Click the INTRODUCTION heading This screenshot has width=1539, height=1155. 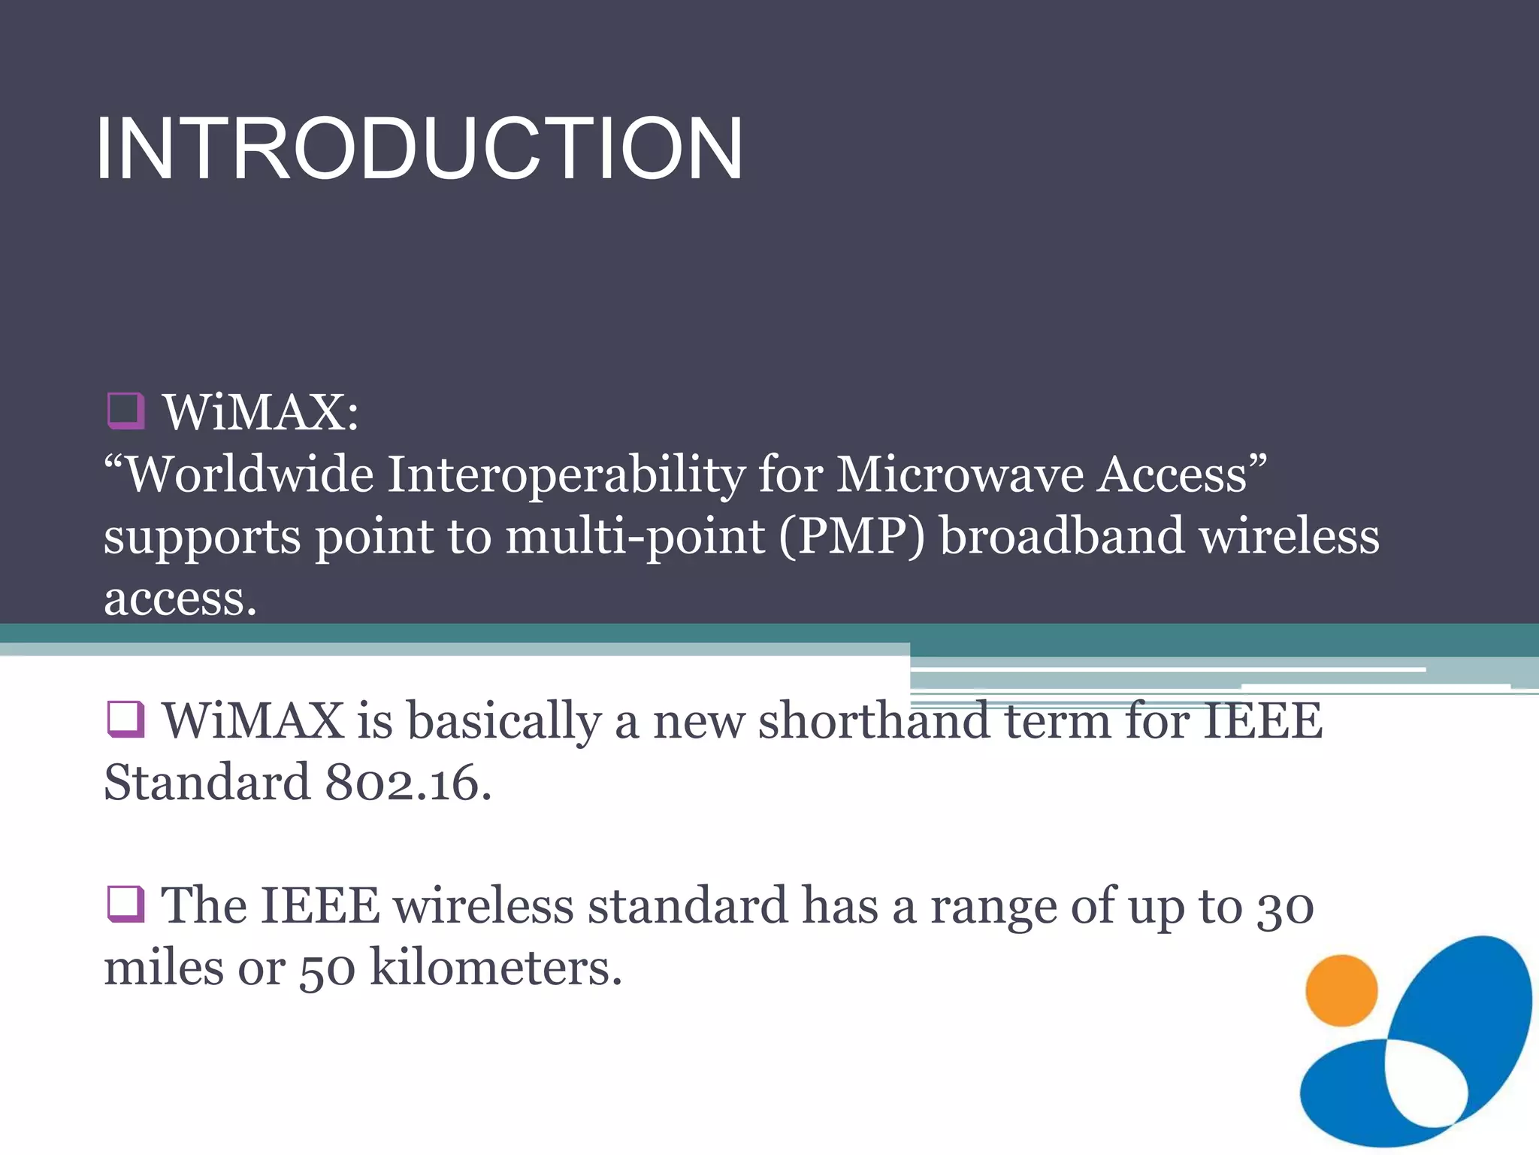[419, 149]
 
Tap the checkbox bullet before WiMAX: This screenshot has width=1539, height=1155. [125, 411]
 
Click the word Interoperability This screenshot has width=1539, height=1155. [566, 475]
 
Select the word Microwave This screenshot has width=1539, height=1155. [960, 475]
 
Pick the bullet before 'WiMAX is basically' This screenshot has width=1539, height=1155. [125, 719]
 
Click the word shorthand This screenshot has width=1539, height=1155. [873, 720]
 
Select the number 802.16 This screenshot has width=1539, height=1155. [408, 783]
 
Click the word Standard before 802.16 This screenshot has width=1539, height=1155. [207, 783]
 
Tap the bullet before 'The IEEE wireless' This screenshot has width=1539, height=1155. [125, 903]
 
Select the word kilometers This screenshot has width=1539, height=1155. [496, 968]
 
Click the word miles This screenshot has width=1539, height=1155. [163, 968]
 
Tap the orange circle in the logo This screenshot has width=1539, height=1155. [1341, 990]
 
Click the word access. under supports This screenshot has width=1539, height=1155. [180, 600]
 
